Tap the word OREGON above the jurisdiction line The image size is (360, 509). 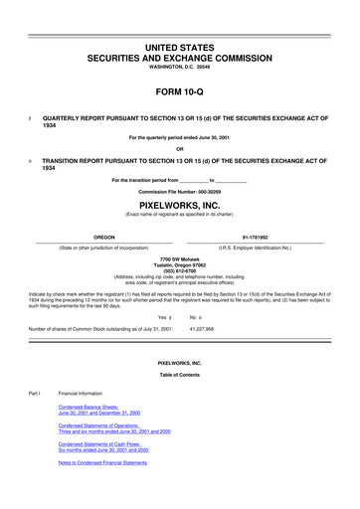coord(103,237)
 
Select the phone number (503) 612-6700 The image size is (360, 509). coord(179,271)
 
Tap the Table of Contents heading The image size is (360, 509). coord(179,374)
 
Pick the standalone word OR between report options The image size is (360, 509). coord(179,150)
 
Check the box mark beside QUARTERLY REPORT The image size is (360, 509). coord(33,116)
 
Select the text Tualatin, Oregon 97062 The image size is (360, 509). coord(179,265)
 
